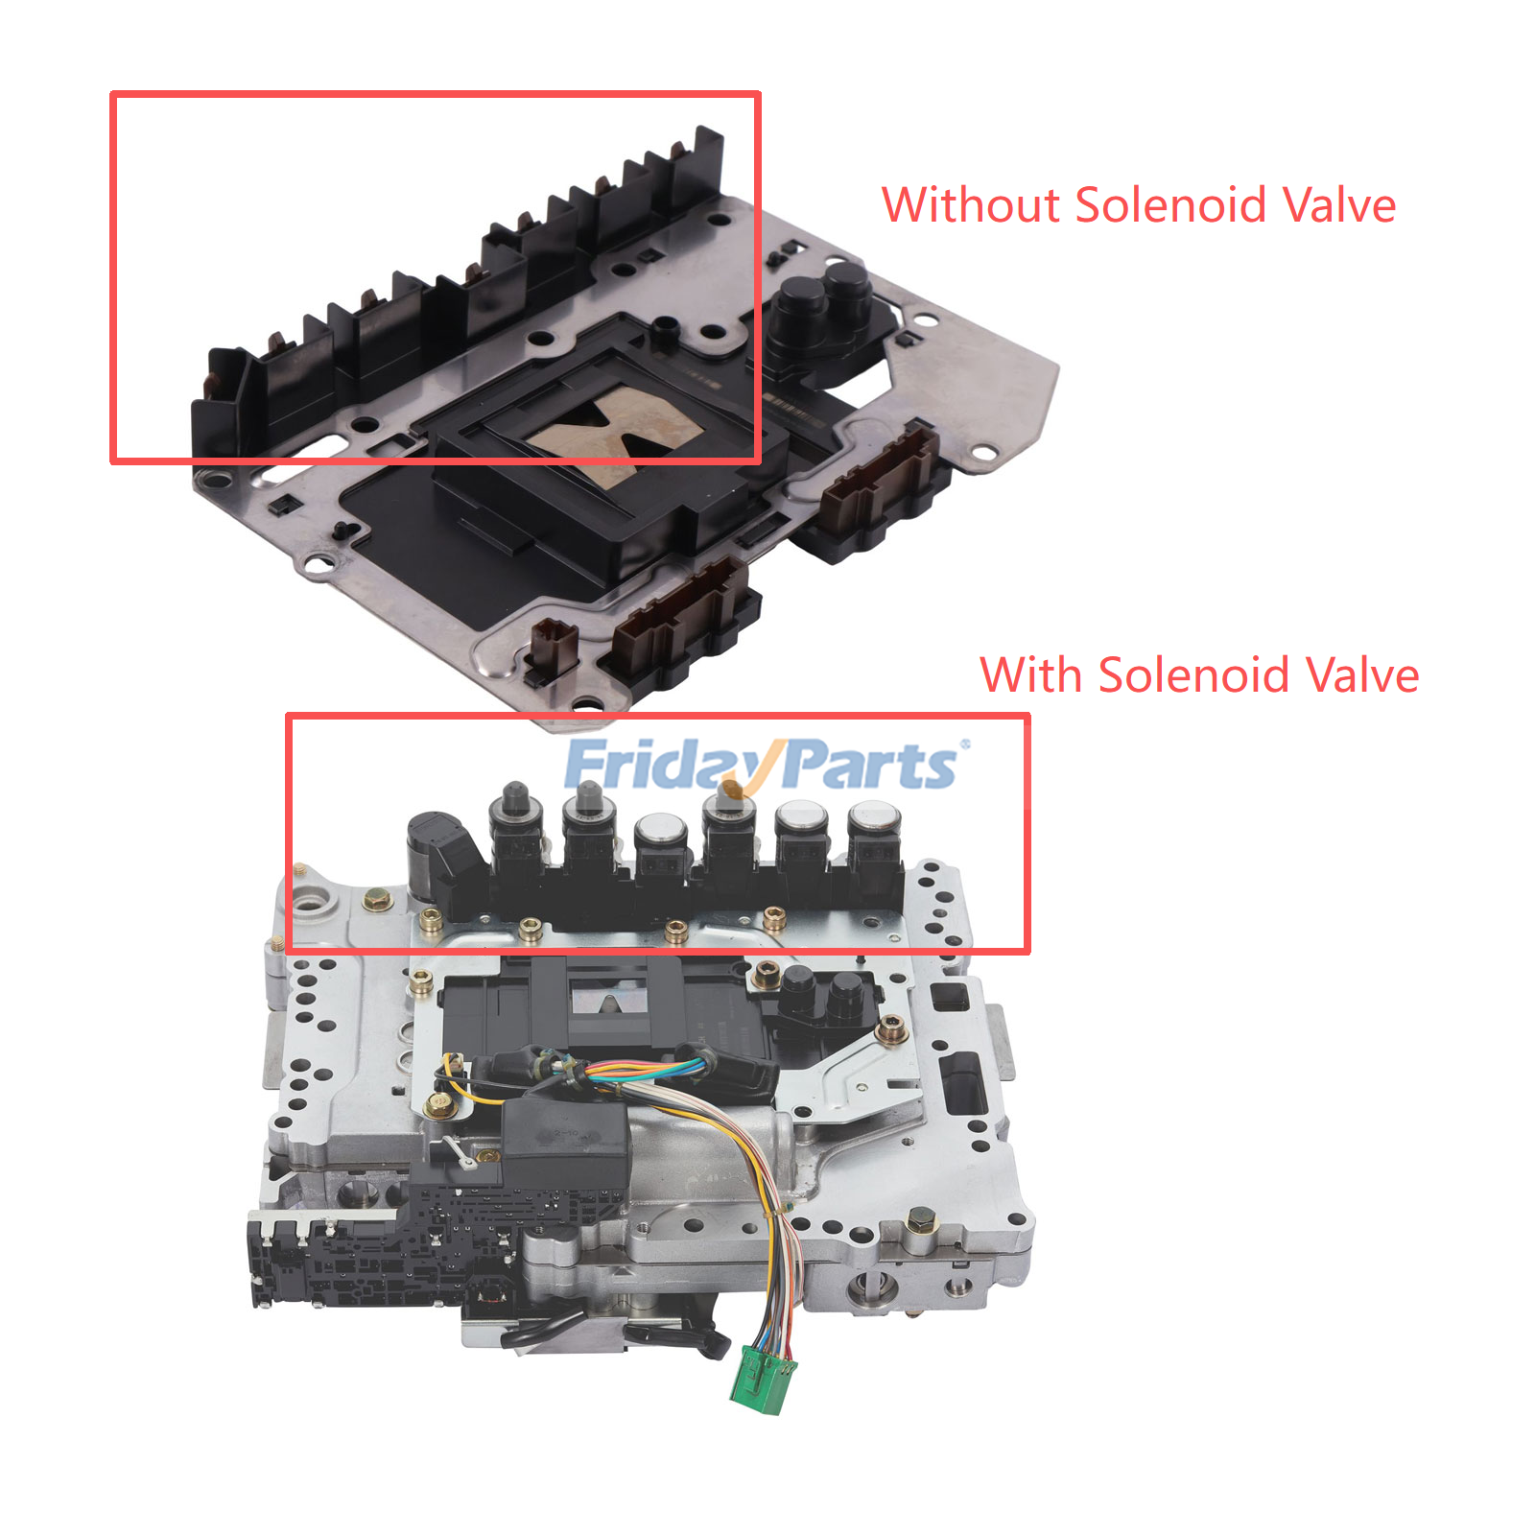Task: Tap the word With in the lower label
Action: pos(1031,674)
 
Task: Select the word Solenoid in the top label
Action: pos(1170,204)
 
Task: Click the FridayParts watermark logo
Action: pos(765,765)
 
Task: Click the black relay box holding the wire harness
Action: pos(565,1145)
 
